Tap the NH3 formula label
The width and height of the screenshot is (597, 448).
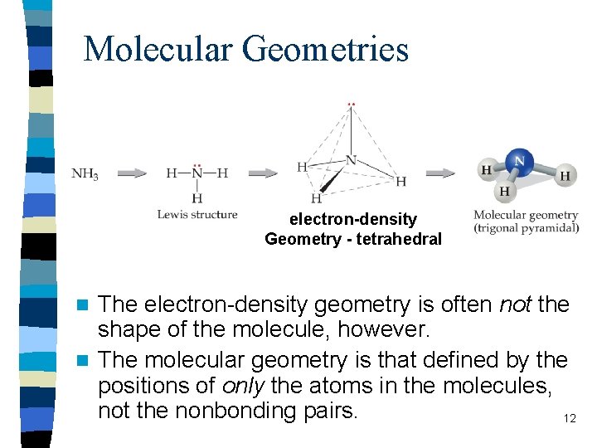[x=85, y=174]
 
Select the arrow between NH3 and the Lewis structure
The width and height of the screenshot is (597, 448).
[x=132, y=173]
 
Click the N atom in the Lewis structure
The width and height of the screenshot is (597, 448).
[x=197, y=173]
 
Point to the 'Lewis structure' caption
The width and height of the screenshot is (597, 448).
[x=197, y=214]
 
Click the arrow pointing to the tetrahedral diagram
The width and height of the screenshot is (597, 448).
[x=263, y=173]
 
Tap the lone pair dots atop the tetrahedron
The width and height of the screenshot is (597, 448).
[x=351, y=105]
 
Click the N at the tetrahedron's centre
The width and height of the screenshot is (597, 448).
[x=351, y=160]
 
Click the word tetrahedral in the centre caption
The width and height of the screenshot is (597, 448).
[x=400, y=239]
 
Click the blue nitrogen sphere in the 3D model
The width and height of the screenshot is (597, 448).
[x=520, y=160]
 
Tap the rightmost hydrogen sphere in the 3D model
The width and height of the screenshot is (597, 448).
[x=565, y=175]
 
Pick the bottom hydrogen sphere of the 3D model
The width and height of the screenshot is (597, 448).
[x=504, y=191]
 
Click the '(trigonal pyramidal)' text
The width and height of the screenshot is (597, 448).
[x=527, y=228]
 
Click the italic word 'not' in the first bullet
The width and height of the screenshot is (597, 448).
[x=516, y=304]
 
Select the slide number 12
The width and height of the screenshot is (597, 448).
[x=570, y=418]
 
